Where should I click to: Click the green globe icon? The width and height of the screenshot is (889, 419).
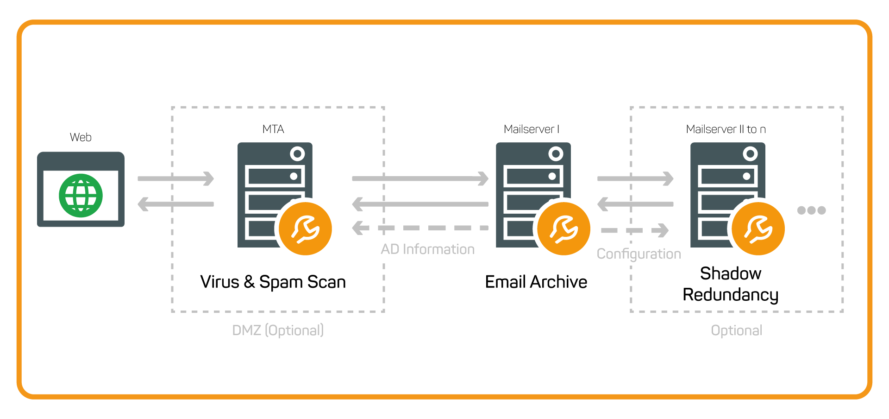coord(81,196)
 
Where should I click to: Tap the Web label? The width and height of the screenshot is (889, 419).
coord(81,137)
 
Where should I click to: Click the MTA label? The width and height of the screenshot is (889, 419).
coord(273,129)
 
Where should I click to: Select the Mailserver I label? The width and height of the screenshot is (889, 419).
coord(531,129)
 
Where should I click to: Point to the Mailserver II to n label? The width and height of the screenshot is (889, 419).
coord(726,129)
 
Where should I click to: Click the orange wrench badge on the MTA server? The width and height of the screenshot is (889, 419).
coord(305,229)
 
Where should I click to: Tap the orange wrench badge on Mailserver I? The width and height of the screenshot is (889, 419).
coord(563,229)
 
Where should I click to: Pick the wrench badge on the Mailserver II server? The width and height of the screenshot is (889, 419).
coord(758,229)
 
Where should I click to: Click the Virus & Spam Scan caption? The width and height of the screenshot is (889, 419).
coord(273,282)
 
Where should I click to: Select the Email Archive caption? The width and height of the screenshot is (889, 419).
coord(536,282)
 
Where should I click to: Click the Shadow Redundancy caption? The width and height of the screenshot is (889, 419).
coord(730,284)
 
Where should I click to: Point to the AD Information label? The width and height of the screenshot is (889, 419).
coord(427,249)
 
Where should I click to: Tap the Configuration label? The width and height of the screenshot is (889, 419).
coord(639,254)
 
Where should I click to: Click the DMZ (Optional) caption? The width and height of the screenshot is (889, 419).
coord(278,330)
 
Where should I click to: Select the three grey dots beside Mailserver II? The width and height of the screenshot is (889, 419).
coord(811,210)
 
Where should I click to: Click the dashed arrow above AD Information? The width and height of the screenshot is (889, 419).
coord(420,228)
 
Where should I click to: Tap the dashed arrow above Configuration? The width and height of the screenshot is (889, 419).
coord(634,230)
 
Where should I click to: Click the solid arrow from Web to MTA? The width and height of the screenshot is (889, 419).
coord(176,178)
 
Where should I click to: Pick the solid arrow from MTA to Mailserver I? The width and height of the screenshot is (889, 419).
coord(420,178)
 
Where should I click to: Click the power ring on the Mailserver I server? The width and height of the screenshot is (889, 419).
coord(556,153)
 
